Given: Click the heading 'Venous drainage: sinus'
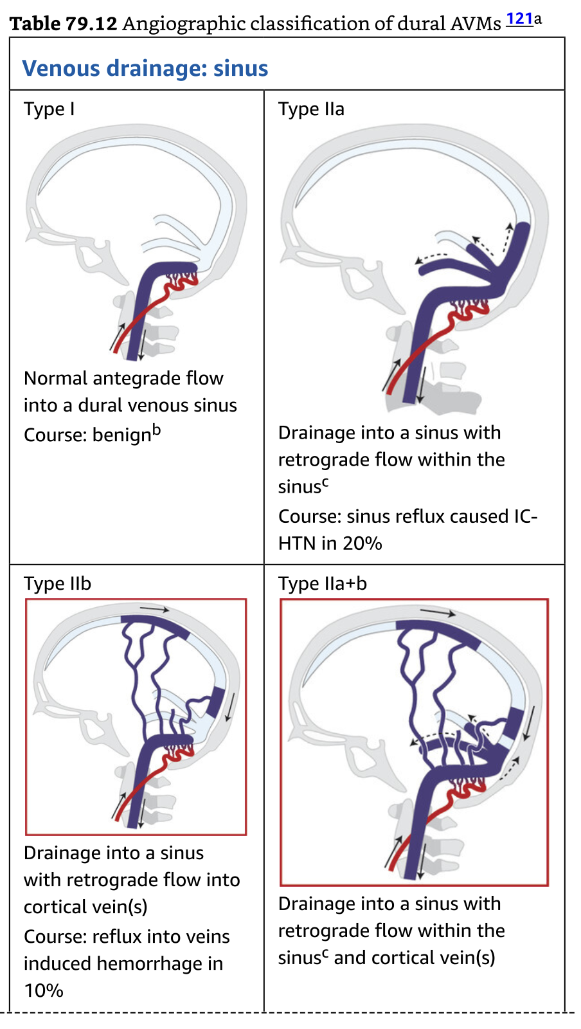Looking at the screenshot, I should (x=145, y=68).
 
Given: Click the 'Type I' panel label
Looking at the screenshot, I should (x=49, y=109).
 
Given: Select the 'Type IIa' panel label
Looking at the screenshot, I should (x=311, y=109).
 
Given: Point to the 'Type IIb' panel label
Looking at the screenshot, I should (x=57, y=583).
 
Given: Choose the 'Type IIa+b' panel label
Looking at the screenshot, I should (x=322, y=583).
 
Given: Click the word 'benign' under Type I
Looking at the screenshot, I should (x=121, y=435).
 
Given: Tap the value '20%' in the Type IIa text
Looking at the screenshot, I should (x=362, y=543).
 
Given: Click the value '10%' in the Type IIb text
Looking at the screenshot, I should (x=44, y=990).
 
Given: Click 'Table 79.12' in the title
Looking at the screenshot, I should (x=63, y=24).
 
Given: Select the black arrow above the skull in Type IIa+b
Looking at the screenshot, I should (x=437, y=613).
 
